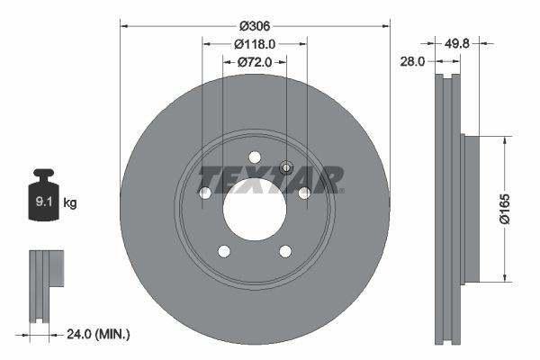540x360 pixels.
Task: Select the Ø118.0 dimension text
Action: click(x=255, y=42)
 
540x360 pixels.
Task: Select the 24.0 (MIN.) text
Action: click(x=100, y=334)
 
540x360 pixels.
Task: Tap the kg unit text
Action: click(x=70, y=203)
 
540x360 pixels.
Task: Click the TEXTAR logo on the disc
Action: click(x=271, y=179)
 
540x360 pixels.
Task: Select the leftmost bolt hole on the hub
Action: click(x=204, y=193)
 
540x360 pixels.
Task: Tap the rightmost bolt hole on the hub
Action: click(x=304, y=193)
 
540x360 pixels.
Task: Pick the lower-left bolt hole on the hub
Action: click(x=224, y=251)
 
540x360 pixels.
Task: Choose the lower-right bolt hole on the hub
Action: click(x=285, y=251)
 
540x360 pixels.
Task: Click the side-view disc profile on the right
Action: click(x=446, y=208)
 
